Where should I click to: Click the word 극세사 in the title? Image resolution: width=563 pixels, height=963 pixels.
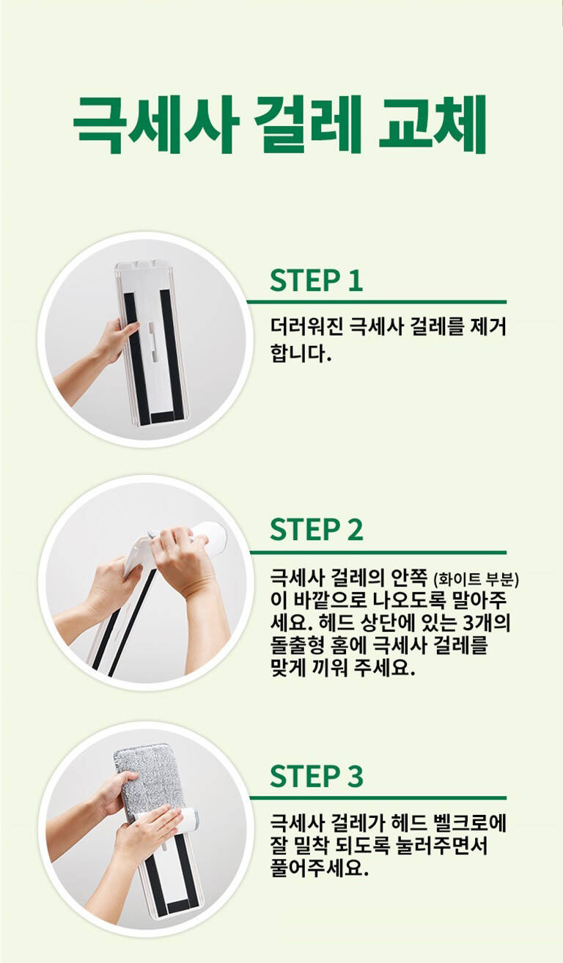coord(155,125)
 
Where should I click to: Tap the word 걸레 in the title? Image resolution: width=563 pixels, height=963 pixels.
coord(309,125)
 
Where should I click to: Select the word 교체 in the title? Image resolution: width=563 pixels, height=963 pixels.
coord(433,125)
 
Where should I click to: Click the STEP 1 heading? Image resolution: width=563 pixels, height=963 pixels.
coord(316,281)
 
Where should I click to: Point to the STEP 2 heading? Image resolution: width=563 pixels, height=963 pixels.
coord(317,530)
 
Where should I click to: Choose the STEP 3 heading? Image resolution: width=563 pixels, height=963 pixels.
coord(317,775)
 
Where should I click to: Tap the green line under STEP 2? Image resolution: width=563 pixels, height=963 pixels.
coord(378,553)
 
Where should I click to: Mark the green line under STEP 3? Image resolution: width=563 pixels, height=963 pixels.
coord(378,798)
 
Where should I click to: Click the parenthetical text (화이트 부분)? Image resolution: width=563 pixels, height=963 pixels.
coord(476,580)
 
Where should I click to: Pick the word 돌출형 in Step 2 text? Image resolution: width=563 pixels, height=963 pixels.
coord(301,645)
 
